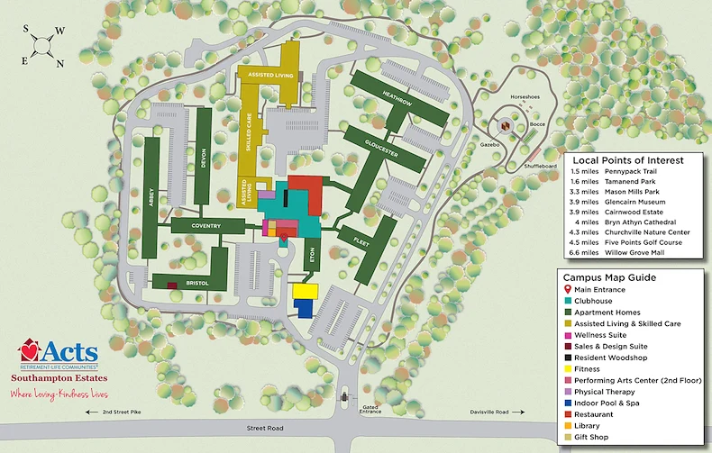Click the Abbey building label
pyautogui.click(x=151, y=198)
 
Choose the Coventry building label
pyautogui.click(x=205, y=226)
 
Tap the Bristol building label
pyautogui.click(x=196, y=284)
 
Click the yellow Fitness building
pyautogui.click(x=306, y=292)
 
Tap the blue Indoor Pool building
pyautogui.click(x=304, y=308)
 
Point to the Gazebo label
pyautogui.click(x=489, y=144)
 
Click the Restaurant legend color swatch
pyautogui.click(x=568, y=414)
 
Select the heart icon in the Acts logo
pyautogui.click(x=32, y=348)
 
